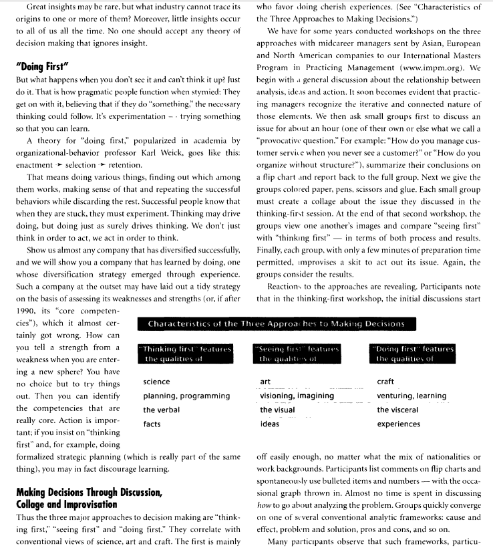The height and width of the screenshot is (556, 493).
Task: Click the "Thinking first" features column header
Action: [185, 354]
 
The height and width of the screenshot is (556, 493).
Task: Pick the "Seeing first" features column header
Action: [298, 354]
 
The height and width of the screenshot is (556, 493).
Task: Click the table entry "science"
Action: [156, 382]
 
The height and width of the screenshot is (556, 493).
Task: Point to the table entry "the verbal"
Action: [161, 410]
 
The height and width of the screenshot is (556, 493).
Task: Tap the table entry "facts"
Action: [152, 424]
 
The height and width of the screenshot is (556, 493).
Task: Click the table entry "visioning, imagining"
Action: [297, 396]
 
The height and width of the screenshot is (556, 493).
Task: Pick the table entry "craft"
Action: [385, 382]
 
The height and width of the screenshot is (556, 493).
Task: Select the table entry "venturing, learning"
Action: [412, 396]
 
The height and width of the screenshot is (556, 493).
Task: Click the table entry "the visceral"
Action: [397, 410]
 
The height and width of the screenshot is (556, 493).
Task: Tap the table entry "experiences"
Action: [399, 424]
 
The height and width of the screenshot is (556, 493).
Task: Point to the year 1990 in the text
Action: [27, 311]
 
